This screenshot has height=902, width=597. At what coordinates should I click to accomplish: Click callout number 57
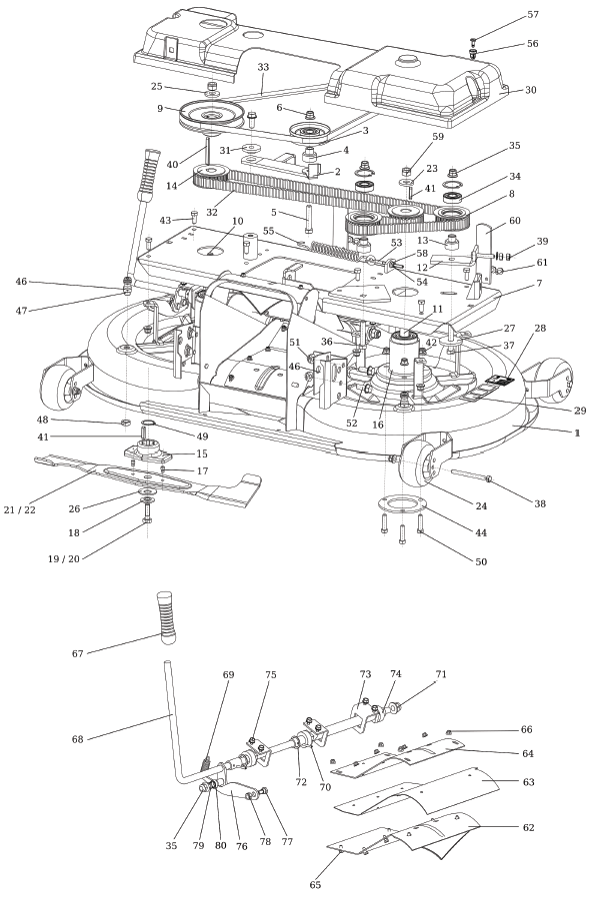pos(533,14)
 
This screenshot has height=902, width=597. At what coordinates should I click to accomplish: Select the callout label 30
pos(530,90)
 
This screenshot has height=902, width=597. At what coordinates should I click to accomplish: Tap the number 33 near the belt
pos(263,67)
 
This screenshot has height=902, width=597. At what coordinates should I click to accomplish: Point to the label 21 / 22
pos(20,509)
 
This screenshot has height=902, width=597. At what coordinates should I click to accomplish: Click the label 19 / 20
pos(63,558)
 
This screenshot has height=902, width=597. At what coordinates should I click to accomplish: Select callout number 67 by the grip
pos(78,653)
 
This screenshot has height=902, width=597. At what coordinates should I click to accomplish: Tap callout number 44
pos(481,532)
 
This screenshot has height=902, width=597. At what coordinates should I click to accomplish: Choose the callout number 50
pos(481,561)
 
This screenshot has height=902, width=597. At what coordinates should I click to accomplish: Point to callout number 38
pos(539,503)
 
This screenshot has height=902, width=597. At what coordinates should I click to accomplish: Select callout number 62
pos(528,827)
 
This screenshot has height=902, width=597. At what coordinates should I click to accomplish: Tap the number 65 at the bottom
pos(315,885)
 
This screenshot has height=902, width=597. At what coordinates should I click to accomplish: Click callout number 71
pos(441,674)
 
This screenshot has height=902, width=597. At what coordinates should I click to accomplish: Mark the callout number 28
pos(539,329)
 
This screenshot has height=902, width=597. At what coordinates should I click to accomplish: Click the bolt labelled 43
pos(194,217)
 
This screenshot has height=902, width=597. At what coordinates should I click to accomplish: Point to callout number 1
pos(577,434)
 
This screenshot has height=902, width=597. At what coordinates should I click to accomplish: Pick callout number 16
pos(378,425)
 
